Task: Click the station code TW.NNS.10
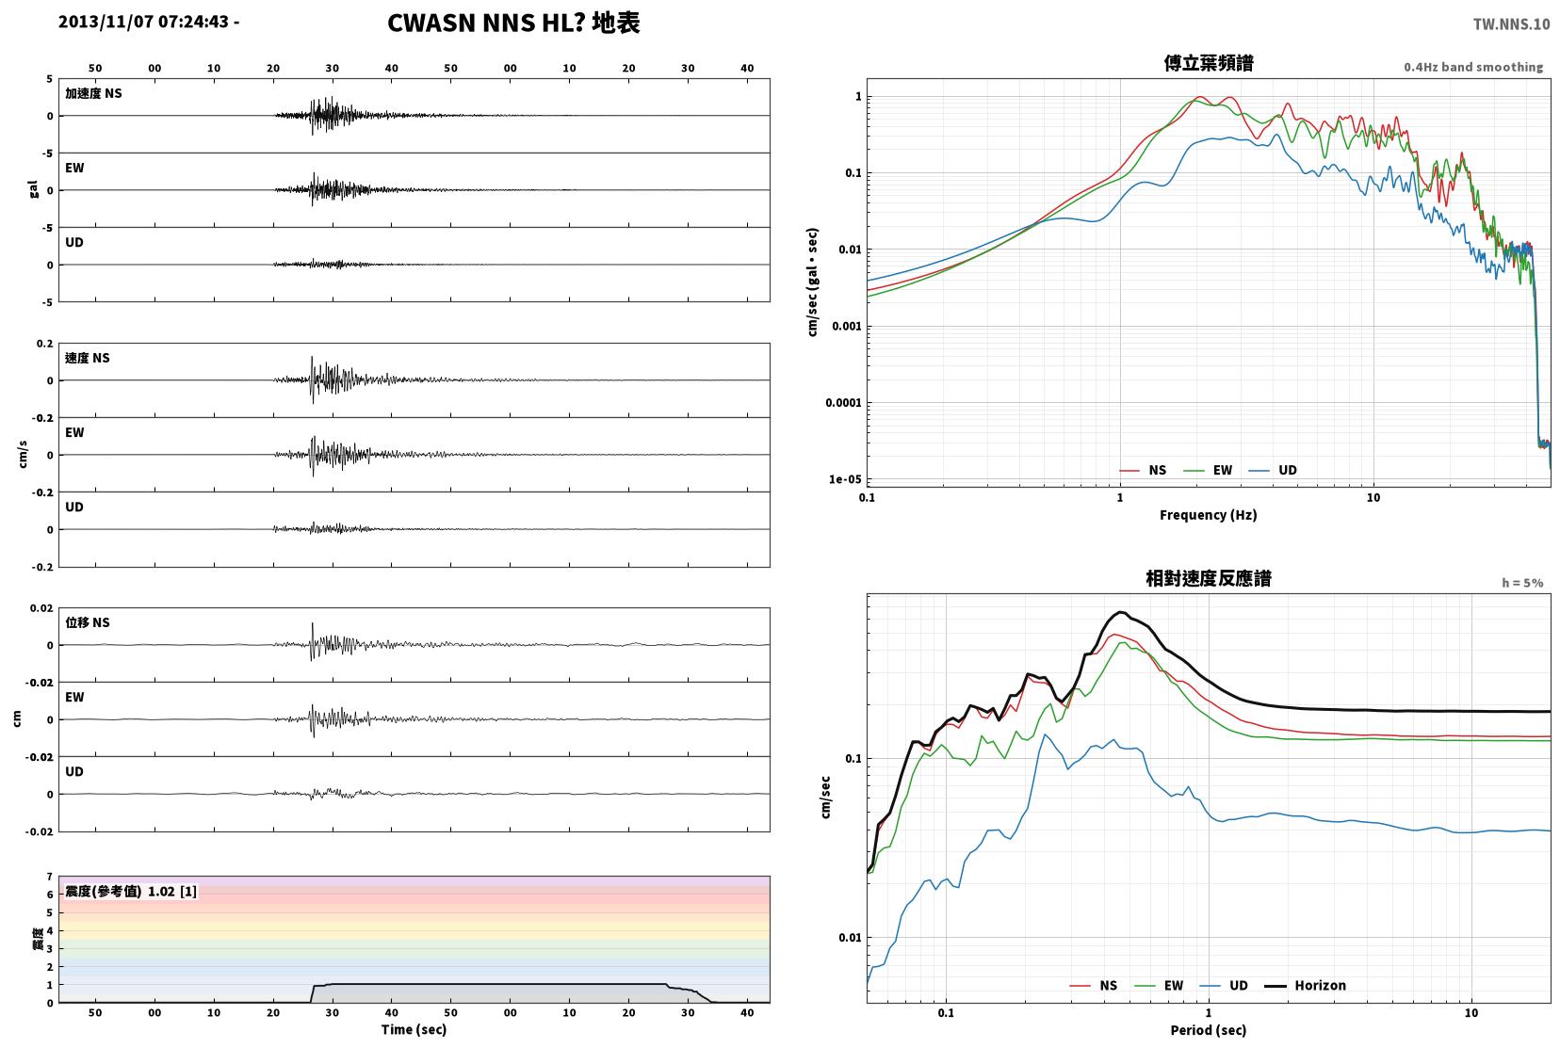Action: click(x=1511, y=24)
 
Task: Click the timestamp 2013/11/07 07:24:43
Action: click(x=143, y=22)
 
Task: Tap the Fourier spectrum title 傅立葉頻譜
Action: click(x=1209, y=63)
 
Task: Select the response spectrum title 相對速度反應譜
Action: click(x=1209, y=578)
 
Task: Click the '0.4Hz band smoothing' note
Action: click(x=1473, y=67)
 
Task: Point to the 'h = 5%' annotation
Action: click(x=1522, y=583)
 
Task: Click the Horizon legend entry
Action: click(x=1305, y=985)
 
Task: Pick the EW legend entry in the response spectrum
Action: click(x=1159, y=985)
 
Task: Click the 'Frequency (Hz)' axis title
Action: click(x=1209, y=515)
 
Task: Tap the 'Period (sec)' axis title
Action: click(x=1209, y=1030)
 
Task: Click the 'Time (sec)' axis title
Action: click(x=414, y=1029)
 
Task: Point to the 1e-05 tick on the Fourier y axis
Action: click(x=845, y=479)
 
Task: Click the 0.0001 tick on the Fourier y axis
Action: click(x=843, y=403)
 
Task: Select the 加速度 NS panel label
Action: click(x=93, y=93)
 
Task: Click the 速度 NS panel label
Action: click(x=87, y=358)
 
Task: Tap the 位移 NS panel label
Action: click(x=87, y=622)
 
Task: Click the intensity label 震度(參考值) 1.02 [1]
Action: click(x=131, y=892)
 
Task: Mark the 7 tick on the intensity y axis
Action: click(x=49, y=877)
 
